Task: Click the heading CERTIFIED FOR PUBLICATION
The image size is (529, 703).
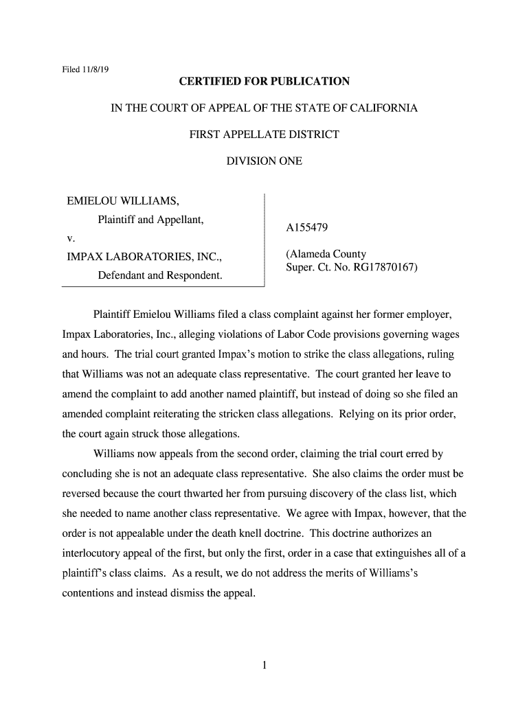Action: pyautogui.click(x=264, y=82)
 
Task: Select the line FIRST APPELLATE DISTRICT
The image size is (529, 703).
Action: pyautogui.click(x=264, y=135)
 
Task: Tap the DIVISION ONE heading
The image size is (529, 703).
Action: pyautogui.click(x=264, y=161)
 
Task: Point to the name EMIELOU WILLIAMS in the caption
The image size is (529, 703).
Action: pyautogui.click(x=123, y=201)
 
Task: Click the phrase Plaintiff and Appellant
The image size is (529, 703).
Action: pyautogui.click(x=151, y=220)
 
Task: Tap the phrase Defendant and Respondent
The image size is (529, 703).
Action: pyautogui.click(x=160, y=276)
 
